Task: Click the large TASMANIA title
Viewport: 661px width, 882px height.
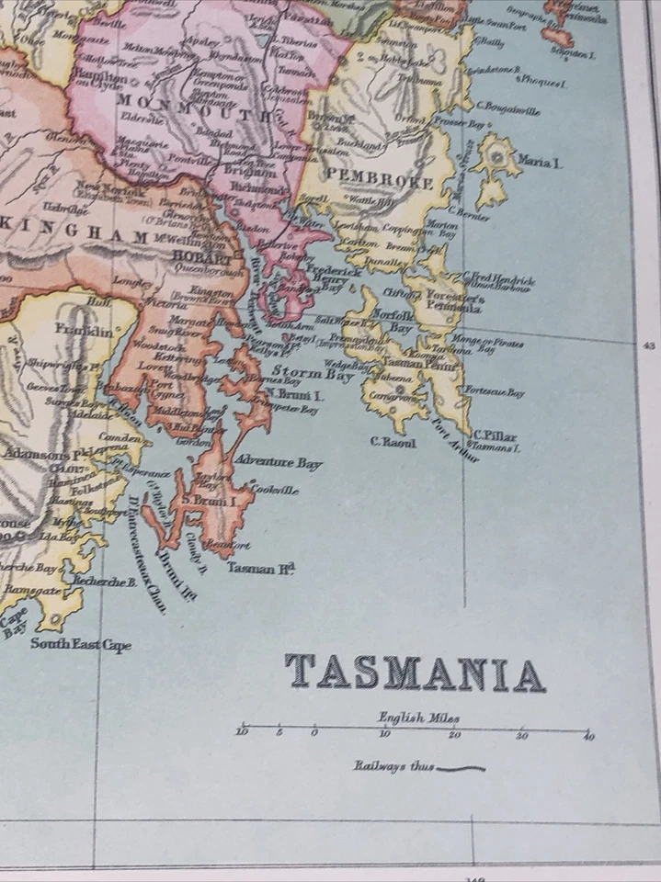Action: [x=415, y=673]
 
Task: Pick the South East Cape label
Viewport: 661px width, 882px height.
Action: [x=81, y=644]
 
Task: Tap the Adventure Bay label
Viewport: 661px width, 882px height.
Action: [x=279, y=462]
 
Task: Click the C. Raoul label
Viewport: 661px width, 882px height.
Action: [x=393, y=443]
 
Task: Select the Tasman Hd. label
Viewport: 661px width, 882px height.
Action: [x=260, y=569]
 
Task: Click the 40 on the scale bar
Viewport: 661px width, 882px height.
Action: [x=587, y=737]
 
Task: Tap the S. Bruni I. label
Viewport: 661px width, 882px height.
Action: [x=210, y=501]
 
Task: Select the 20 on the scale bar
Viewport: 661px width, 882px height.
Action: [x=453, y=737]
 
